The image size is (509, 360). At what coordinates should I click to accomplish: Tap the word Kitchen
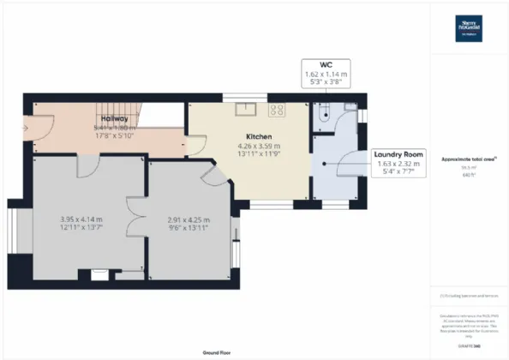point(259,136)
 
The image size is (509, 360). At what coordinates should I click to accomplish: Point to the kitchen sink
point(247,108)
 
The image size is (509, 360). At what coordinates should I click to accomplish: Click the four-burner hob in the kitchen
point(278,109)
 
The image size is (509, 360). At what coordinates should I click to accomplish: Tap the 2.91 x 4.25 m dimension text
point(188,219)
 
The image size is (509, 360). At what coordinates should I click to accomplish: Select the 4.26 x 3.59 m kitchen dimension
point(259,147)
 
